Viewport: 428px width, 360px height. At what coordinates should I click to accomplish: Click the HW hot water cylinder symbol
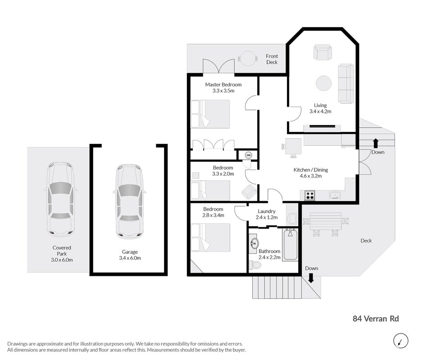tap(248, 155)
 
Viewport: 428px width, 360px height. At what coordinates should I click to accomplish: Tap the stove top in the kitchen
tap(310, 195)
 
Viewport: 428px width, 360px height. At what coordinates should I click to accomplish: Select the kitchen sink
tap(335, 195)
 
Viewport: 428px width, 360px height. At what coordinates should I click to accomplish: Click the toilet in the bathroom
tap(255, 264)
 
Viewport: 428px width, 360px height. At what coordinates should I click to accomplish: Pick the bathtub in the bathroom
tap(290, 245)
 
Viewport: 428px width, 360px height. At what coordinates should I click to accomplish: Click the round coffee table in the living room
tap(324, 83)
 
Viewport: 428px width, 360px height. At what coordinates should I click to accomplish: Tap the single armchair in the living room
tap(323, 52)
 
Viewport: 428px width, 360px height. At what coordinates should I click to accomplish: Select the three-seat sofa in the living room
tap(346, 83)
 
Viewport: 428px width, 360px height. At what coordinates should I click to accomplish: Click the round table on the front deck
tap(248, 58)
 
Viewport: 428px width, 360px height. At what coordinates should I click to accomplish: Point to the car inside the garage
tap(129, 202)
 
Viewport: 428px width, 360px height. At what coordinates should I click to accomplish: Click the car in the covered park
tap(60, 199)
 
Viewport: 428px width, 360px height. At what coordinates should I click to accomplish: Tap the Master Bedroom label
tap(223, 85)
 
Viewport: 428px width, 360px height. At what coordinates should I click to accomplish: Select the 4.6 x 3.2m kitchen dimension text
tap(310, 176)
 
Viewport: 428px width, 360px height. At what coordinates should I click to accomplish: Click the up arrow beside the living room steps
tap(376, 143)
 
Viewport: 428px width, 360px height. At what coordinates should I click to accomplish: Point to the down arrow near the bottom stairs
tap(310, 278)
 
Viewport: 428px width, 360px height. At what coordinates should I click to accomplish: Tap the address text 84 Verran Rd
tap(376, 319)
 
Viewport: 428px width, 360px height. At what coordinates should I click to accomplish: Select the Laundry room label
tap(266, 211)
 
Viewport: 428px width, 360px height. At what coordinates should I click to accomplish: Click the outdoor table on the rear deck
tap(326, 221)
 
